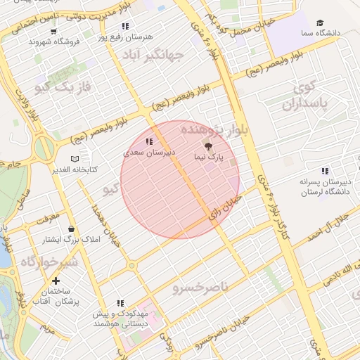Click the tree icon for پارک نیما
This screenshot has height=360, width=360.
(x=207, y=146)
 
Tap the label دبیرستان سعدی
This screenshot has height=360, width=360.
(x=149, y=151)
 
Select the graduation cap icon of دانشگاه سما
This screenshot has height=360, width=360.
(x=320, y=23)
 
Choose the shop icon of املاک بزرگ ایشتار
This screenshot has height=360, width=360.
(x=71, y=229)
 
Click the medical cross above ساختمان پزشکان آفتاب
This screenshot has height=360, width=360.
(x=55, y=281)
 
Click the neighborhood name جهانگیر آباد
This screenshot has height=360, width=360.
(x=153, y=55)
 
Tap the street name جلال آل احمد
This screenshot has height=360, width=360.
(x=333, y=226)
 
